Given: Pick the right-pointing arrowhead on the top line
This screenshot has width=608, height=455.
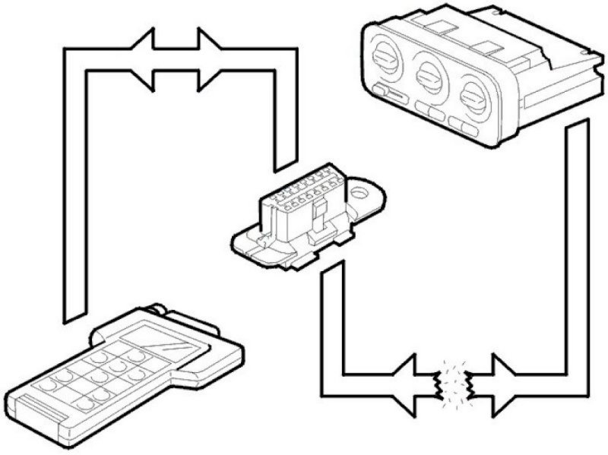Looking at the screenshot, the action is (x=209, y=59).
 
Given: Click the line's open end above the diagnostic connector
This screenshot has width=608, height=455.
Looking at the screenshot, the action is (x=284, y=163).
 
